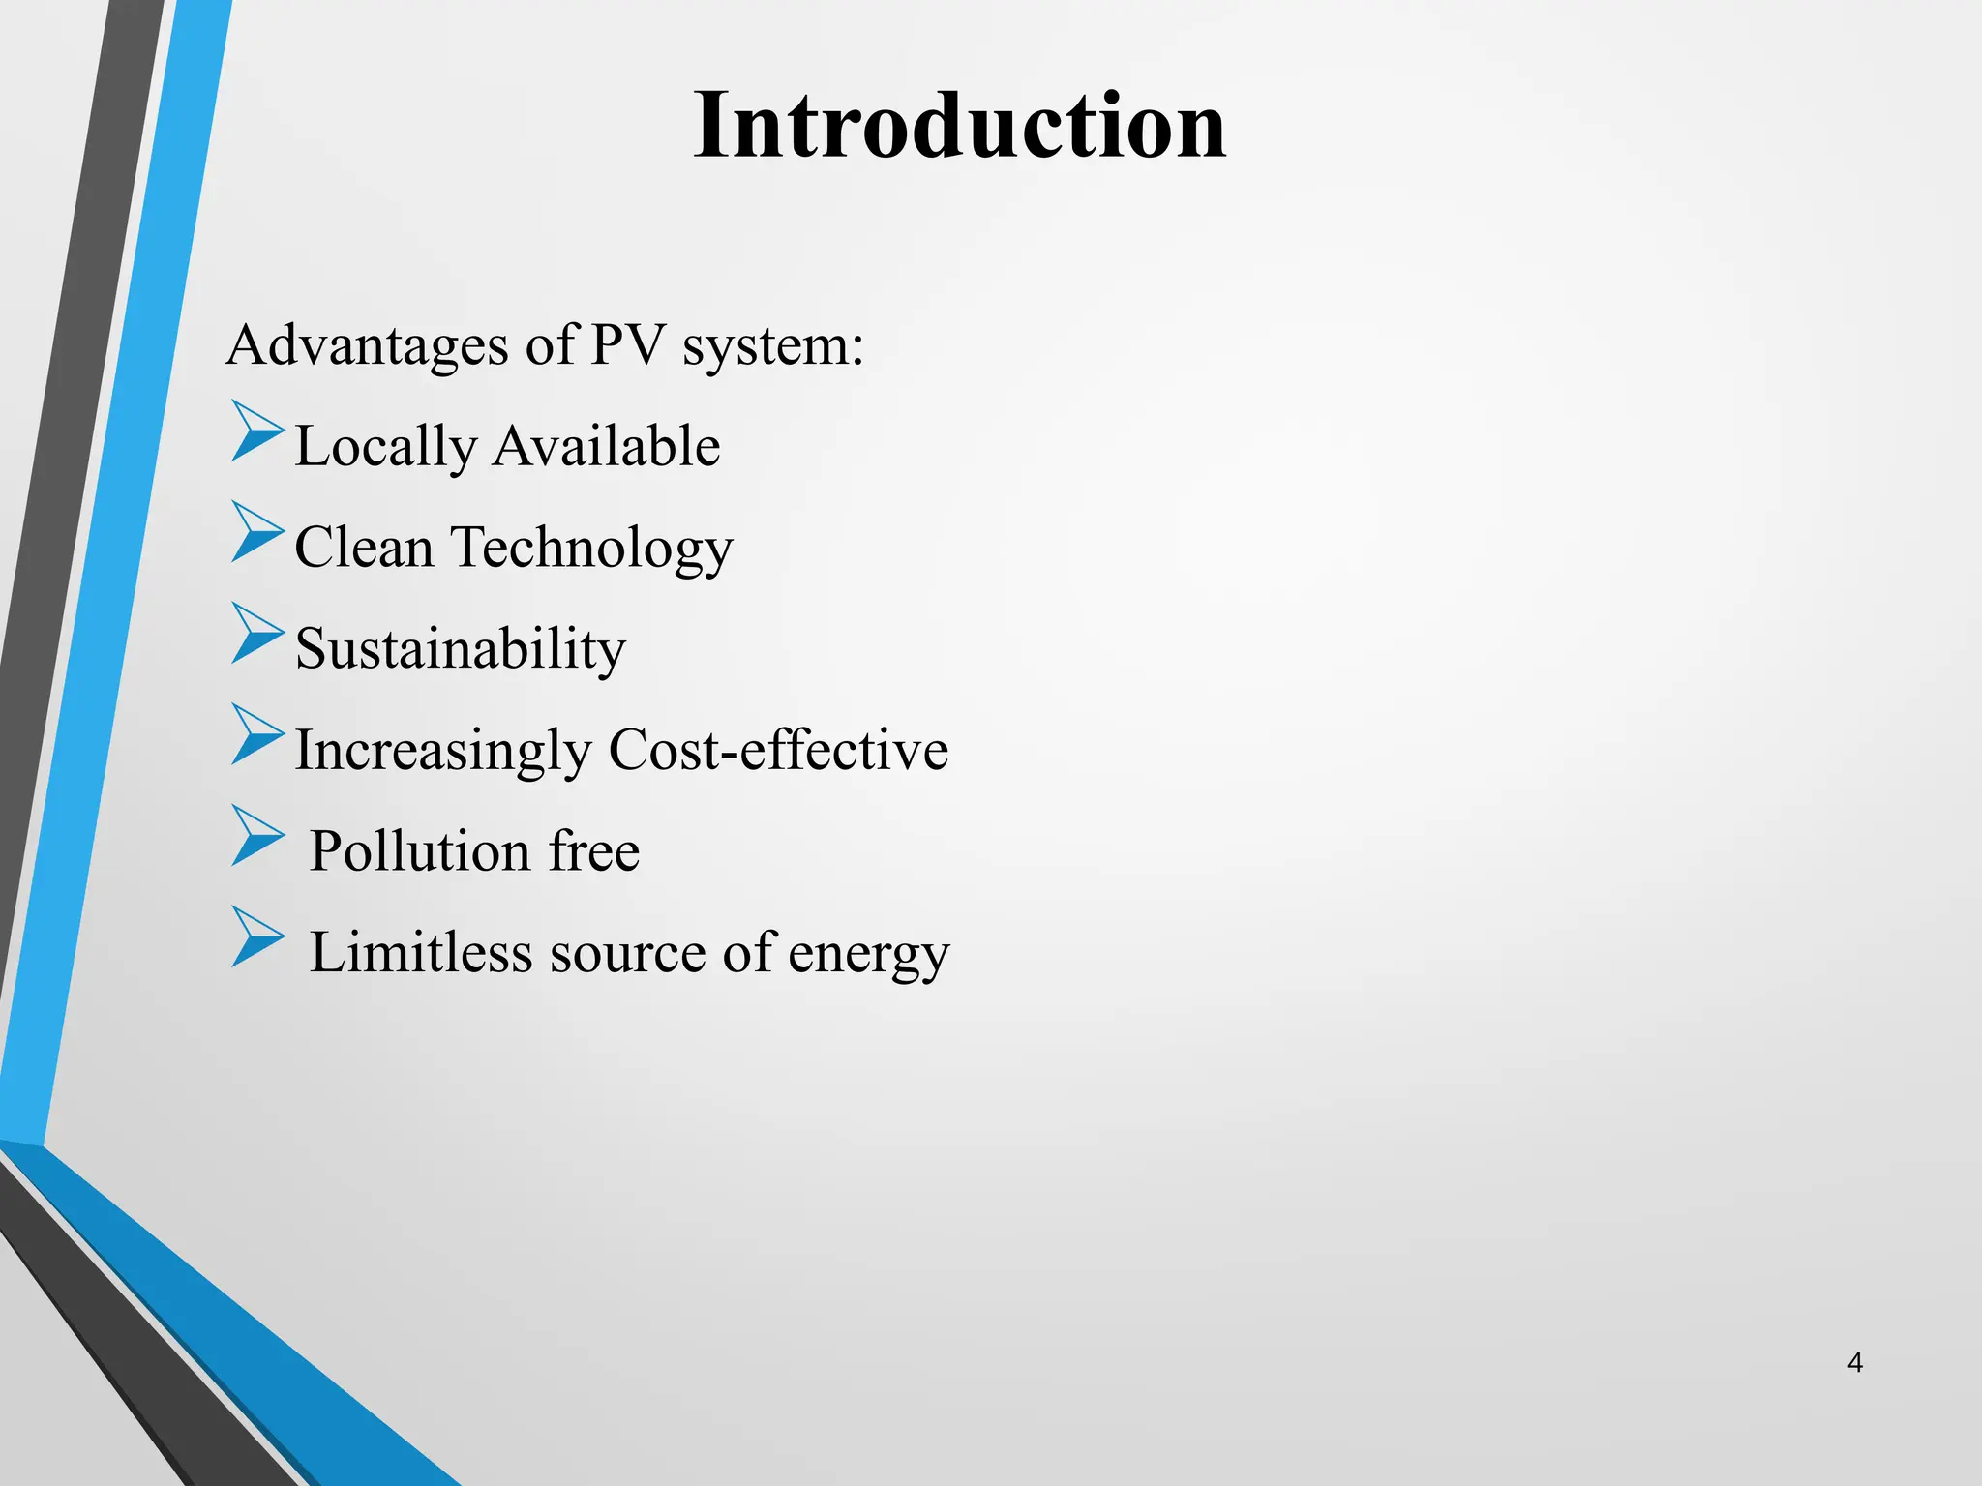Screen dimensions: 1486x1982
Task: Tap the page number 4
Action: (x=1854, y=1363)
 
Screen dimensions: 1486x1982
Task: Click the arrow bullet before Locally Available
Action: (x=256, y=434)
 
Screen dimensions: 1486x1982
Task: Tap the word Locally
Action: (x=385, y=448)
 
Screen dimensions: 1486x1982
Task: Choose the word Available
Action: (x=607, y=446)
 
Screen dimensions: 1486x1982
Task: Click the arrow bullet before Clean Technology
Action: (x=256, y=533)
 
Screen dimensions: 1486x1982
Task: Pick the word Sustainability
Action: (x=460, y=649)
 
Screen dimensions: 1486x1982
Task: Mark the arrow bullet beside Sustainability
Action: (x=256, y=634)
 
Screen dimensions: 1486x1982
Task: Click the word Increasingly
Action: (x=442, y=752)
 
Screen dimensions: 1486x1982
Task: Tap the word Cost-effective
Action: (x=778, y=750)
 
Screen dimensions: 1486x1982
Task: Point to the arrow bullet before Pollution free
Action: (x=256, y=836)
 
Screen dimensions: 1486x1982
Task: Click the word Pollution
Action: (x=419, y=851)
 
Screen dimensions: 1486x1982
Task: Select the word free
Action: (x=593, y=851)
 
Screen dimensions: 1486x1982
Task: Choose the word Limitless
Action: (x=420, y=952)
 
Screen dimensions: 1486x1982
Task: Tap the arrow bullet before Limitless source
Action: (x=256, y=937)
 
